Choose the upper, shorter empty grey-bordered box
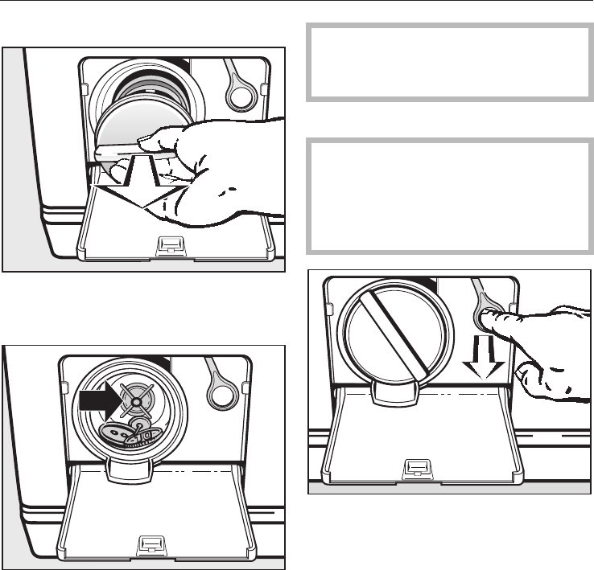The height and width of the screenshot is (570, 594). pyautogui.click(x=449, y=62)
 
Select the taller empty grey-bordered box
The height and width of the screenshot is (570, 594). pyautogui.click(x=449, y=195)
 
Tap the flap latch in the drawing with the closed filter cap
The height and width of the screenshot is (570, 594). pyautogui.click(x=417, y=466)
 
